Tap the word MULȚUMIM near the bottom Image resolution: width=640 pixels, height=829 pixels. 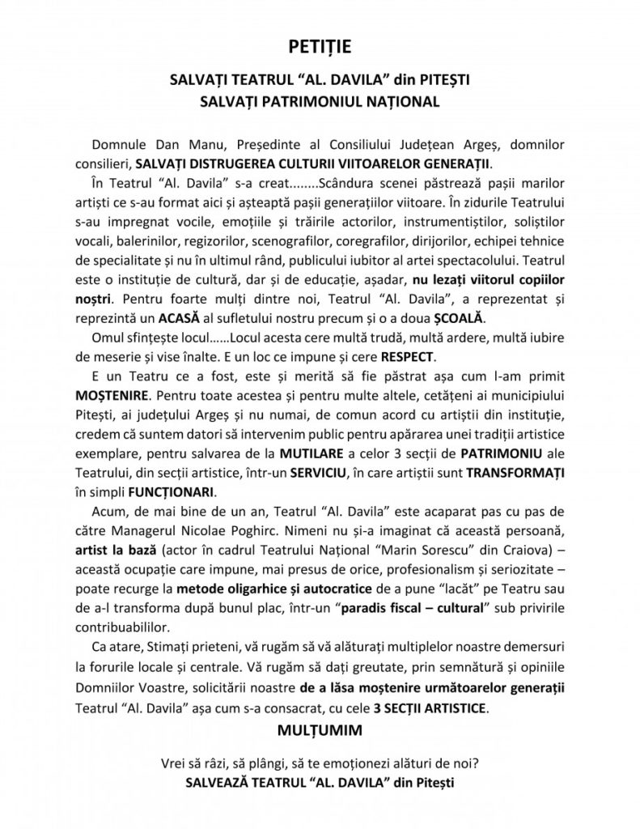click(x=320, y=731)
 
